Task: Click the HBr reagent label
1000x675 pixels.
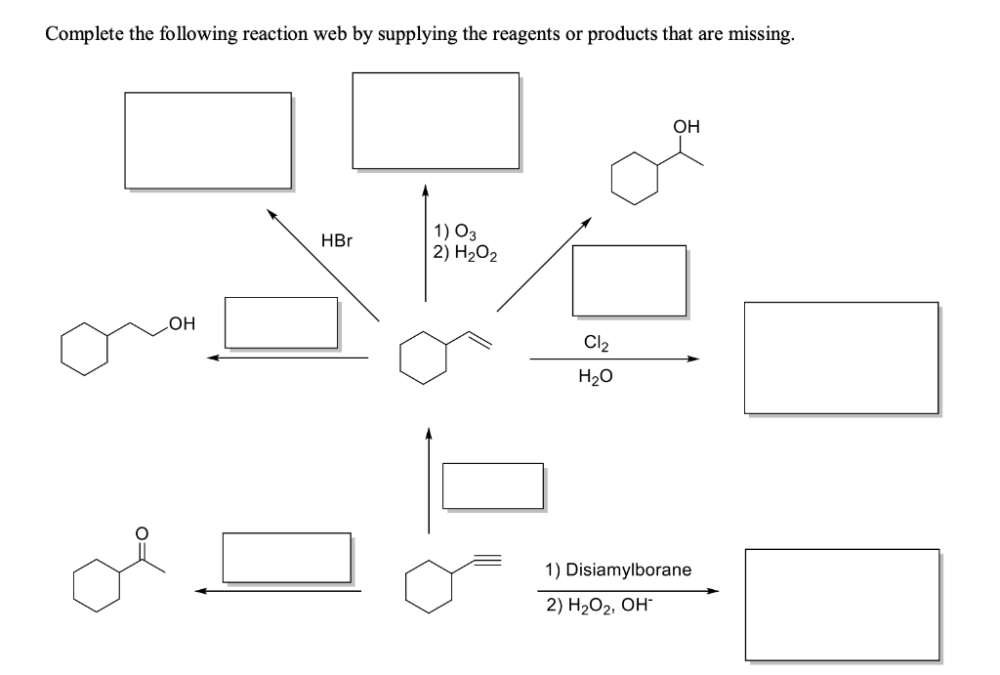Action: pos(335,240)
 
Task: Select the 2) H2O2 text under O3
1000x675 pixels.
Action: pos(465,255)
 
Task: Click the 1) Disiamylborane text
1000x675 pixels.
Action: pos(618,569)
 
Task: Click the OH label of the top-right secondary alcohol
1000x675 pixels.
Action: pos(687,126)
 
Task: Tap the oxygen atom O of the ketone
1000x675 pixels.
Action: pos(142,533)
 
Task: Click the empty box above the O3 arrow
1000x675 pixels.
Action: pos(436,121)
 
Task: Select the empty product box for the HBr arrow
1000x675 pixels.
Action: pos(207,141)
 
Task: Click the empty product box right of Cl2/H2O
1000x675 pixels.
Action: pos(841,358)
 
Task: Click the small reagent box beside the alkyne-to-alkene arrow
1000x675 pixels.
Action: pos(492,485)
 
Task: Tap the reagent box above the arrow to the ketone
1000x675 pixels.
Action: pos(286,556)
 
